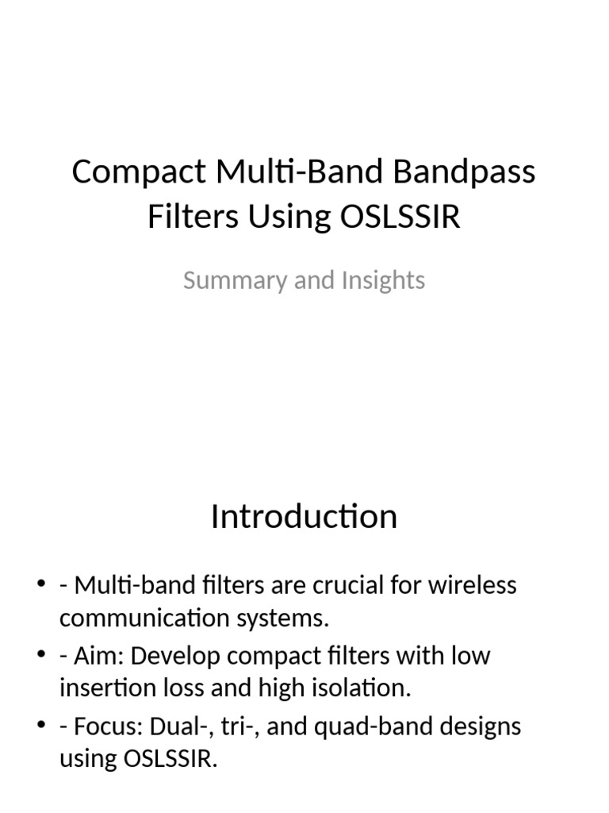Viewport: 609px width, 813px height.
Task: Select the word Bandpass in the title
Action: point(474,172)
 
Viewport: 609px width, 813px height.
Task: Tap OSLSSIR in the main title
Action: point(400,217)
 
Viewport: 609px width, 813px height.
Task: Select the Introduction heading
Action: point(304,517)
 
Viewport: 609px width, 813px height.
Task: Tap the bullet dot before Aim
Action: point(41,657)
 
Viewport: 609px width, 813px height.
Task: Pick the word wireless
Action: point(474,586)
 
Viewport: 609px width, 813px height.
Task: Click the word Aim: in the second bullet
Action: point(97,657)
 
